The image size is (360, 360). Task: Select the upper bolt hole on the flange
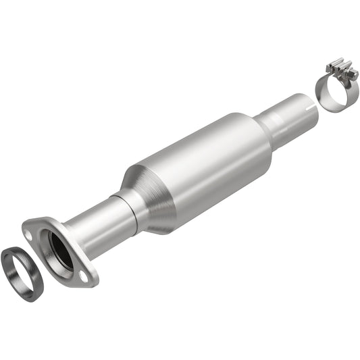pos(29,232)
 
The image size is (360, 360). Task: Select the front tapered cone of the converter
pos(152,192)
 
